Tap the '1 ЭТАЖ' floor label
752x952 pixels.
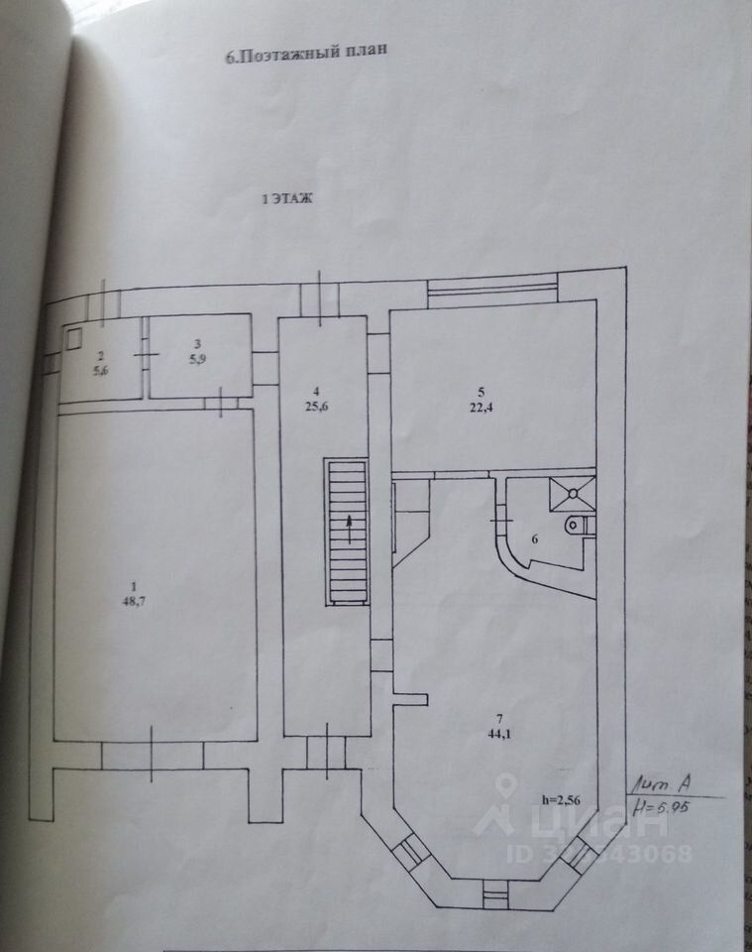pyautogui.click(x=286, y=199)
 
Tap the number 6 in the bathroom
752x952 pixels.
pyautogui.click(x=536, y=540)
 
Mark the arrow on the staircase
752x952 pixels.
pyautogui.click(x=347, y=529)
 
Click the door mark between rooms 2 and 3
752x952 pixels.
pyautogui.click(x=147, y=355)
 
